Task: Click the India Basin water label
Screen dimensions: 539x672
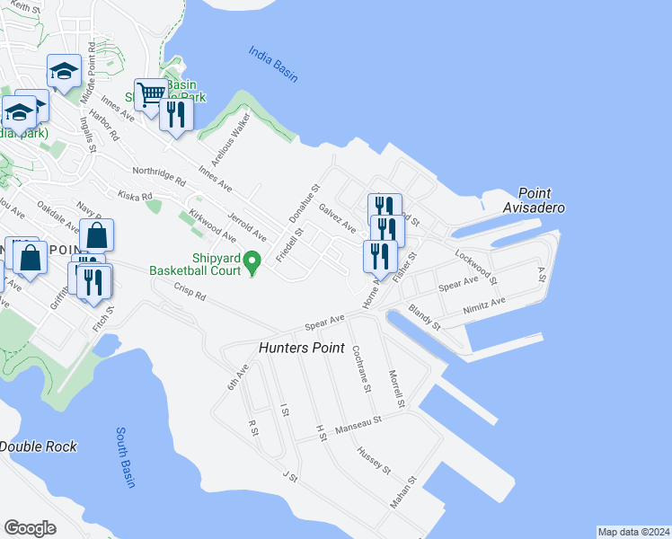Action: point(273,64)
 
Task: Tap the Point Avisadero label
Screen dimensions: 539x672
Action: point(546,200)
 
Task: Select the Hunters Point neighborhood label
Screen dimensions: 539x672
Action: point(302,347)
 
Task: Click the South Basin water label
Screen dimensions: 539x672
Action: point(125,457)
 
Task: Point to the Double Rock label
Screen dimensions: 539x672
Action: point(38,446)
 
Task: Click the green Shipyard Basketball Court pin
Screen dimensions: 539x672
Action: point(252,263)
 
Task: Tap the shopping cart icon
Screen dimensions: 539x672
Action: point(152,93)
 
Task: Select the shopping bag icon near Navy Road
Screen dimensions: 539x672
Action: point(96,236)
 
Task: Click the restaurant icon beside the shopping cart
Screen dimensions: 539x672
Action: point(176,114)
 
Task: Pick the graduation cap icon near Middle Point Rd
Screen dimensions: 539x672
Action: point(65,72)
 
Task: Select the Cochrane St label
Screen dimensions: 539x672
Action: point(361,368)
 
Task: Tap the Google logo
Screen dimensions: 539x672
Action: point(30,527)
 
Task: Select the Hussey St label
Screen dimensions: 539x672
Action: point(374,460)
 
